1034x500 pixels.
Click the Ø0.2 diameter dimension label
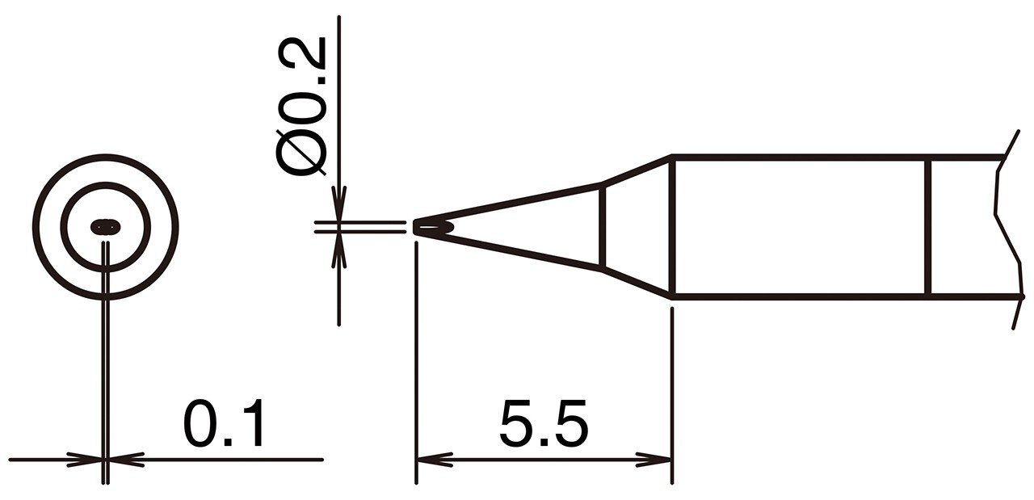click(301, 106)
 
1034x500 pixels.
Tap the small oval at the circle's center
click(106, 227)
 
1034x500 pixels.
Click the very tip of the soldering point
click(414, 227)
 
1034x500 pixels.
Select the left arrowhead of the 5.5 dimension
click(434, 460)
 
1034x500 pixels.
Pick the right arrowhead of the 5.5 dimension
click(654, 460)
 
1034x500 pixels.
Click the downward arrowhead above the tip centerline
click(338, 204)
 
